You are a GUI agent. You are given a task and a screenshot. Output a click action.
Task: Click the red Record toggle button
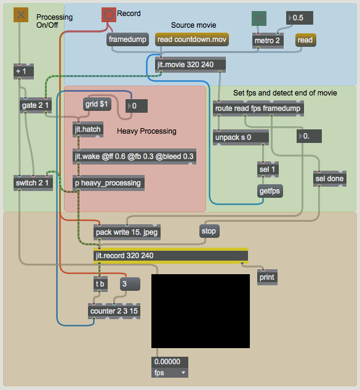(109, 15)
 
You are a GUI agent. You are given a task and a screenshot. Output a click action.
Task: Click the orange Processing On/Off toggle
(21, 15)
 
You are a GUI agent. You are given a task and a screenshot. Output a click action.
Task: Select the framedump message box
(127, 39)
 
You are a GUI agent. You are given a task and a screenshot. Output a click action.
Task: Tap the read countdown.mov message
(192, 39)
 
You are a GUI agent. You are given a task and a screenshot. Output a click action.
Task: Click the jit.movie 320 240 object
(190, 65)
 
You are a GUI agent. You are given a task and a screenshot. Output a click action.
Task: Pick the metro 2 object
(268, 41)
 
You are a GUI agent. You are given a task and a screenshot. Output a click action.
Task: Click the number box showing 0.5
(299, 18)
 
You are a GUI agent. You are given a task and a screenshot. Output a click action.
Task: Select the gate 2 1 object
(36, 105)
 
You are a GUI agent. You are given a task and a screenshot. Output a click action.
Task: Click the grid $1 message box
(97, 104)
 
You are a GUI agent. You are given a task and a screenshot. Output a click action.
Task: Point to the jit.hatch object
(88, 129)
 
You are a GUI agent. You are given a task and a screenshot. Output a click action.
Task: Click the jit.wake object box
(134, 156)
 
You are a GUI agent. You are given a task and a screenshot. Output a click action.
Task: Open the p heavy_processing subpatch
(108, 183)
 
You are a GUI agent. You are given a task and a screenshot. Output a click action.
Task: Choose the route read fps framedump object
(258, 108)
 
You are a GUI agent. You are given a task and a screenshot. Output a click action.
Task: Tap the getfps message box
(270, 191)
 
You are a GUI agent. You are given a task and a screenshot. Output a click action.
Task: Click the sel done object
(330, 179)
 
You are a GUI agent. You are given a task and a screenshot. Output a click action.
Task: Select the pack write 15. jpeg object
(127, 232)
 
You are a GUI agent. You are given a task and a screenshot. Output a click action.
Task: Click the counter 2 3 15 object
(114, 311)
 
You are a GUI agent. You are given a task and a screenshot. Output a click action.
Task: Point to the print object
(267, 277)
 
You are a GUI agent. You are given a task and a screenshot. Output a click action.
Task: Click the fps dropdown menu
(170, 373)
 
